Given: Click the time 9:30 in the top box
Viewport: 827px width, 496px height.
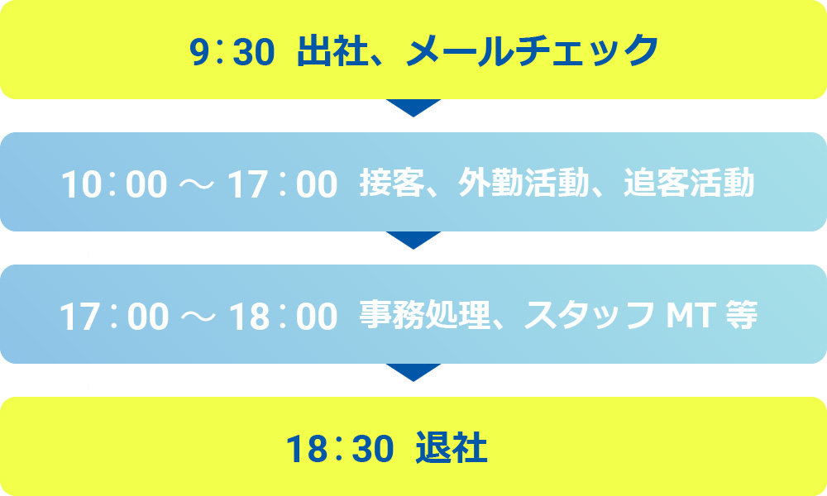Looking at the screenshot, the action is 232,51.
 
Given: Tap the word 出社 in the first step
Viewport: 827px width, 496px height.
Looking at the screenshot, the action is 332,50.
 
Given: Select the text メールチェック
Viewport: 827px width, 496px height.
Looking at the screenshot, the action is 533,50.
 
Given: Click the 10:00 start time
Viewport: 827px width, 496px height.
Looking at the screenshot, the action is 114,184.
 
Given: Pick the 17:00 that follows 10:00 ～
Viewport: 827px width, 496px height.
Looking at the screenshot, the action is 282,184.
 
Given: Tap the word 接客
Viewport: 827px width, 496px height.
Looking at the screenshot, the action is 392,183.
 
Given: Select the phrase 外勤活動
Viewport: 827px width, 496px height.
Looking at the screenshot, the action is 523,183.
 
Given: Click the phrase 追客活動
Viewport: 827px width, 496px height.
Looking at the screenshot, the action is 689,183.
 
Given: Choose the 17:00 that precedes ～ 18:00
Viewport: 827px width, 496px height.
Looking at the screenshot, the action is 114,317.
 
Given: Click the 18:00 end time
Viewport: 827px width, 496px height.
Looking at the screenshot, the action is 283,317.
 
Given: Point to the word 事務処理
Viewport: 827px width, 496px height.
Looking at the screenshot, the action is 424,315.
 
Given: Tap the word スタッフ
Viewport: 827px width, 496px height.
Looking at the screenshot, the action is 590,315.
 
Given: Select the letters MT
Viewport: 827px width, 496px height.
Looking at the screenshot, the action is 691,315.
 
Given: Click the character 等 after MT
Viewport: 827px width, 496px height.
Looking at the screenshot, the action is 741,315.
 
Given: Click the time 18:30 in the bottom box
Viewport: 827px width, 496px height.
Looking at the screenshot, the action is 340,449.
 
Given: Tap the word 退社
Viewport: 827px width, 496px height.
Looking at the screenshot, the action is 452,447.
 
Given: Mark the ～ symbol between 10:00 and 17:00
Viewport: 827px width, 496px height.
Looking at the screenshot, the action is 198,184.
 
